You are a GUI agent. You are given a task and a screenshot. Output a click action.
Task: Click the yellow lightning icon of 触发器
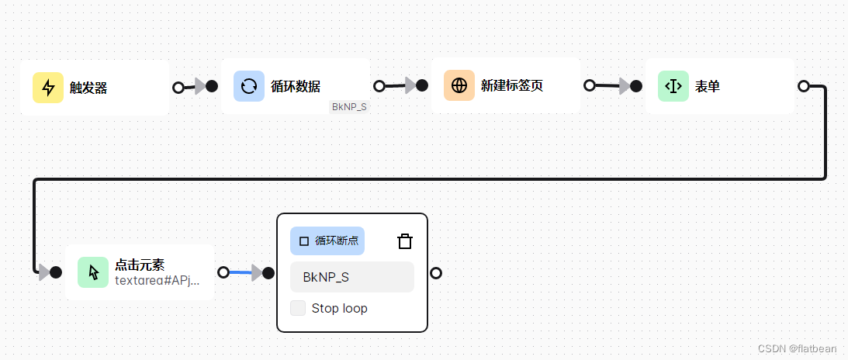coord(48,88)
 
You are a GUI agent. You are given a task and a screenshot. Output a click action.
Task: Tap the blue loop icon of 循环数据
coord(249,86)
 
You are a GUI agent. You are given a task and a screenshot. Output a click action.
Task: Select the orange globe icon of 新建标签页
coord(459,85)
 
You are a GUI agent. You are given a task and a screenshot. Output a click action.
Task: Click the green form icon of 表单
coord(673,86)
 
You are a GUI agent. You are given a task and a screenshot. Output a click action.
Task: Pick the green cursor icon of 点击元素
coord(93,272)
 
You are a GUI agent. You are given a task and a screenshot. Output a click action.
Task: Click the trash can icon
coord(404,241)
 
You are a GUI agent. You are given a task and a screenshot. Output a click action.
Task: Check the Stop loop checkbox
coord(298,308)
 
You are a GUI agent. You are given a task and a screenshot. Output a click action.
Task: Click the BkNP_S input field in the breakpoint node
coord(352,277)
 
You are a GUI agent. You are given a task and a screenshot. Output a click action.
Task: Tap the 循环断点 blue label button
coord(327,241)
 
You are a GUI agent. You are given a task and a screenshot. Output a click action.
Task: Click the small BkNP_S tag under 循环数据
coord(349,106)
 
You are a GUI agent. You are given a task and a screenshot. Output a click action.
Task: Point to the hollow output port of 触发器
coord(178,87)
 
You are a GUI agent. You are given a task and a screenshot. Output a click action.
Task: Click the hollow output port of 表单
coord(804,86)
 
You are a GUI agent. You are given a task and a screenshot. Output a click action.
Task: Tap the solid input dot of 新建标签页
coord(422,85)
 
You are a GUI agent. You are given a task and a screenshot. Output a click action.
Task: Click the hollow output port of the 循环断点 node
coord(436,273)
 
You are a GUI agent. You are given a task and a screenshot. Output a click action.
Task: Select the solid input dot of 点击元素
coord(56,272)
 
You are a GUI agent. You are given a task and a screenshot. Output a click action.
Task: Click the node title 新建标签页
coord(512,86)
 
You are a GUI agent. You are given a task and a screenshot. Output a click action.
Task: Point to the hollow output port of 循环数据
coord(379,86)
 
